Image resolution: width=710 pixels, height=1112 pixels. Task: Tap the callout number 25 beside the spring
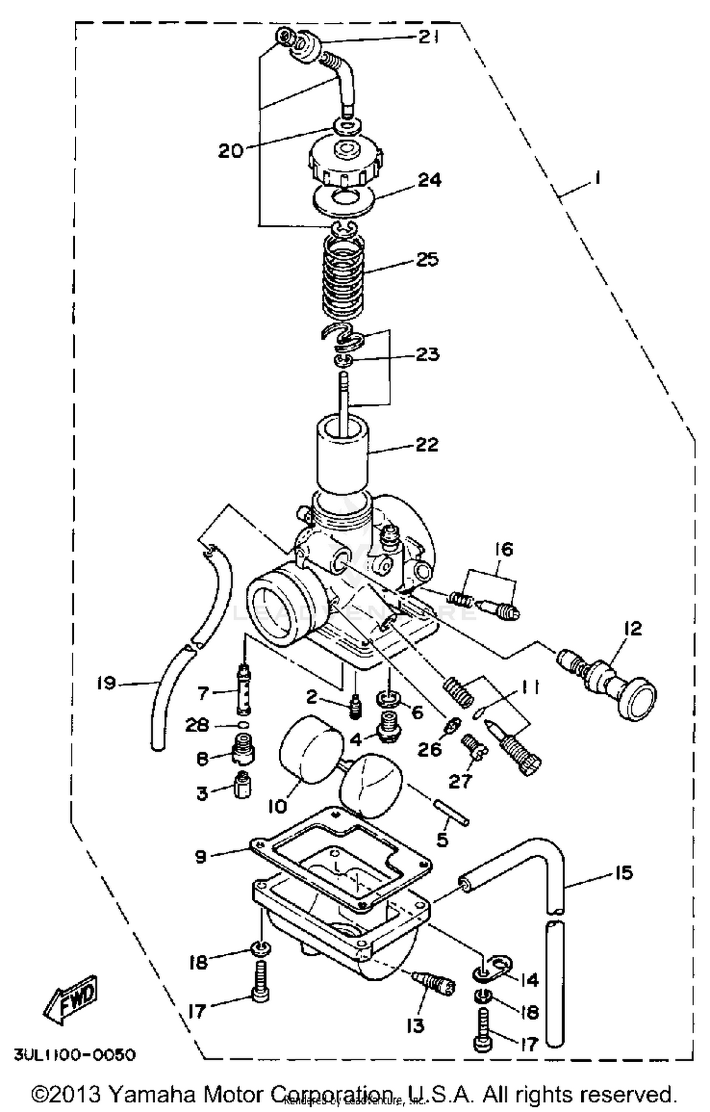coord(427,260)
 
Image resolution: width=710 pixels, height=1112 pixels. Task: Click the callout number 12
coord(633,628)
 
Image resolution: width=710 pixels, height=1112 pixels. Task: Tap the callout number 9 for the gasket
coord(201,856)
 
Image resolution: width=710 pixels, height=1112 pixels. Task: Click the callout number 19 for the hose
coord(106,683)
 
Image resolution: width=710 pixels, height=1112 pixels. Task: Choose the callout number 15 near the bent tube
coord(623,872)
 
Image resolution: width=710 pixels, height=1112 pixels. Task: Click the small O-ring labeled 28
coord(243,725)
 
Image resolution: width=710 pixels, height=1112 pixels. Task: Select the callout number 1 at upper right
coord(597,179)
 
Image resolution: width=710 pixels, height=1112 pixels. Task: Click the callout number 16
coord(504,550)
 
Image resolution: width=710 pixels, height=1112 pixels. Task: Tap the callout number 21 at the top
coord(427,37)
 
